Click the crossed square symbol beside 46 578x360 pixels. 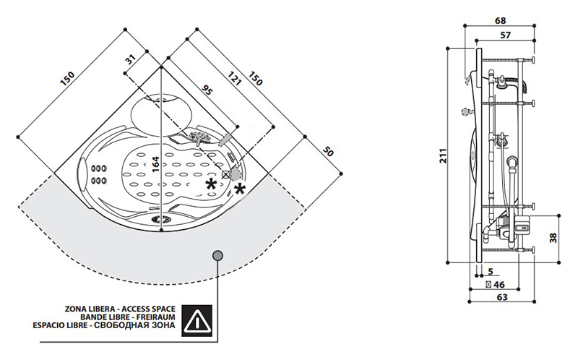click(x=489, y=285)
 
